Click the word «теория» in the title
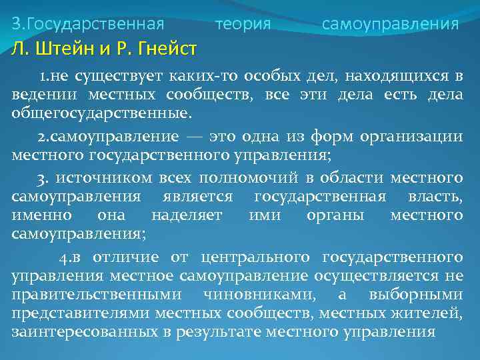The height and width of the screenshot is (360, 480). pyautogui.click(x=243, y=25)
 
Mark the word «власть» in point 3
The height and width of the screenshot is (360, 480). pyautogui.click(x=435, y=198)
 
